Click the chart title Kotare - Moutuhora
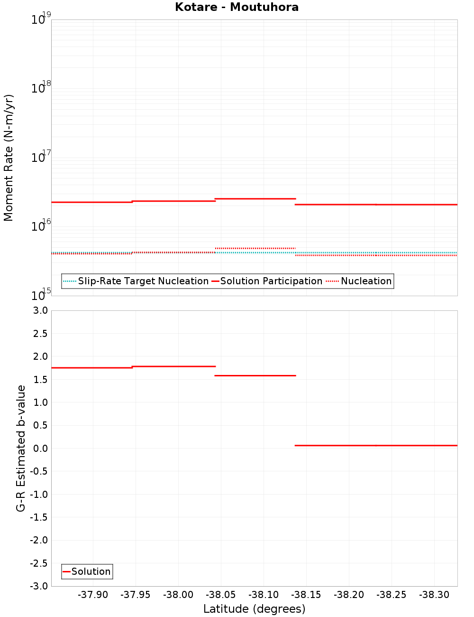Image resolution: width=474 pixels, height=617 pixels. pyautogui.click(x=237, y=7)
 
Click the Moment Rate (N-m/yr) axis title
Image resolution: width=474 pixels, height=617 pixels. pyautogui.click(x=9, y=158)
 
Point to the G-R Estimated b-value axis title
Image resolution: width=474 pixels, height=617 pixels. pyautogui.click(x=21, y=448)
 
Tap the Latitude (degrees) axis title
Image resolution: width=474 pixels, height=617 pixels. pyautogui.click(x=254, y=609)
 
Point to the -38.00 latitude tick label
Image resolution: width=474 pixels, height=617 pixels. pyautogui.click(x=178, y=595)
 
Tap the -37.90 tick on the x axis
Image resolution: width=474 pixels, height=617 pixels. pyautogui.click(x=93, y=595)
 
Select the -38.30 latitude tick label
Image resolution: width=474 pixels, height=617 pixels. pyautogui.click(x=434, y=595)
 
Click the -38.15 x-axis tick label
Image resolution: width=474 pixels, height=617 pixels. pyautogui.click(x=306, y=595)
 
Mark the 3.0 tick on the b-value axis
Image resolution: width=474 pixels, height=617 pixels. pyautogui.click(x=40, y=310)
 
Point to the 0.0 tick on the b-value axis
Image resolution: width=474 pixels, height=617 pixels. pyautogui.click(x=40, y=449)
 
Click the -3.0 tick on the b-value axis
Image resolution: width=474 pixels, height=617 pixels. pyautogui.click(x=39, y=586)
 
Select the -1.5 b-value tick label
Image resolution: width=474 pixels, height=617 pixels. pyautogui.click(x=39, y=517)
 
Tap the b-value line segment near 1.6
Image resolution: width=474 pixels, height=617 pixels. pyautogui.click(x=255, y=375)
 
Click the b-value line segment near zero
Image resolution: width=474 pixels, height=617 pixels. pyautogui.click(x=376, y=445)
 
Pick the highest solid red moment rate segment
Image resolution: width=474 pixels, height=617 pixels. pyautogui.click(x=255, y=198)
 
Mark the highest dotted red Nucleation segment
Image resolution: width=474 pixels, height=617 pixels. pyautogui.click(x=255, y=248)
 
